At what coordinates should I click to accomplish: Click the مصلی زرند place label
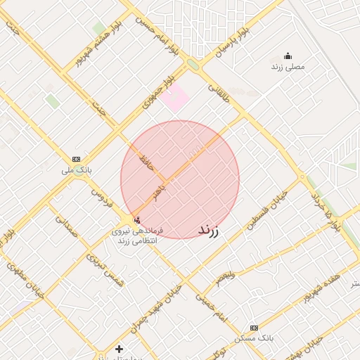click(288, 66)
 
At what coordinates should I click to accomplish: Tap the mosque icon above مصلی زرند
click(288, 56)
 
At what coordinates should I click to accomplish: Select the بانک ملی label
click(77, 169)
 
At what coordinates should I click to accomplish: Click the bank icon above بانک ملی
click(77, 159)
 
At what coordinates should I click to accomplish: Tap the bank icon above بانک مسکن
click(254, 328)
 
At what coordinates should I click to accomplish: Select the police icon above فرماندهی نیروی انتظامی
click(136, 220)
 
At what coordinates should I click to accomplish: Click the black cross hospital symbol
click(119, 349)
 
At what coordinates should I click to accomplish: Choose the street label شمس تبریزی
click(105, 270)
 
